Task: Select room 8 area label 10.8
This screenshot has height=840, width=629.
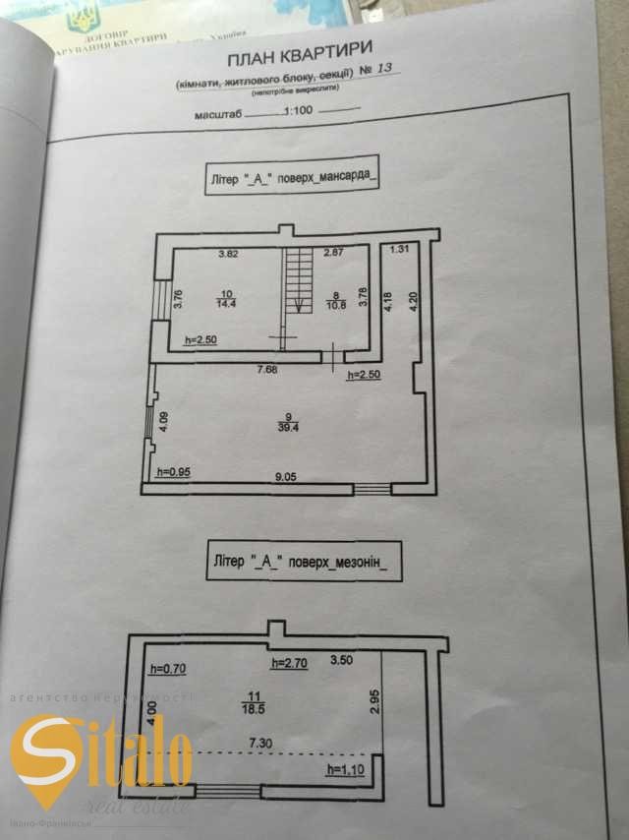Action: pos(335,302)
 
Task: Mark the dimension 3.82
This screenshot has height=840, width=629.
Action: pos(229,254)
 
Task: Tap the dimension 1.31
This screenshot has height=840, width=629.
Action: pos(398,251)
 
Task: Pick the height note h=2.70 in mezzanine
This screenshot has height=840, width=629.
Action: pos(290,663)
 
